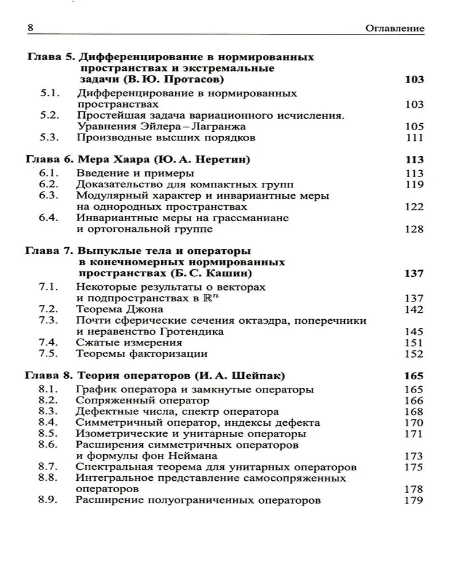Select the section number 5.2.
(x=50, y=115)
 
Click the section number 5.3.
(x=50, y=138)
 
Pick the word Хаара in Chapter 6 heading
(x=123, y=160)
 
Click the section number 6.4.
(x=50, y=218)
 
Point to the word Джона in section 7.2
(x=139, y=309)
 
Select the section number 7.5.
(x=50, y=354)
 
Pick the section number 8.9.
(x=50, y=500)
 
